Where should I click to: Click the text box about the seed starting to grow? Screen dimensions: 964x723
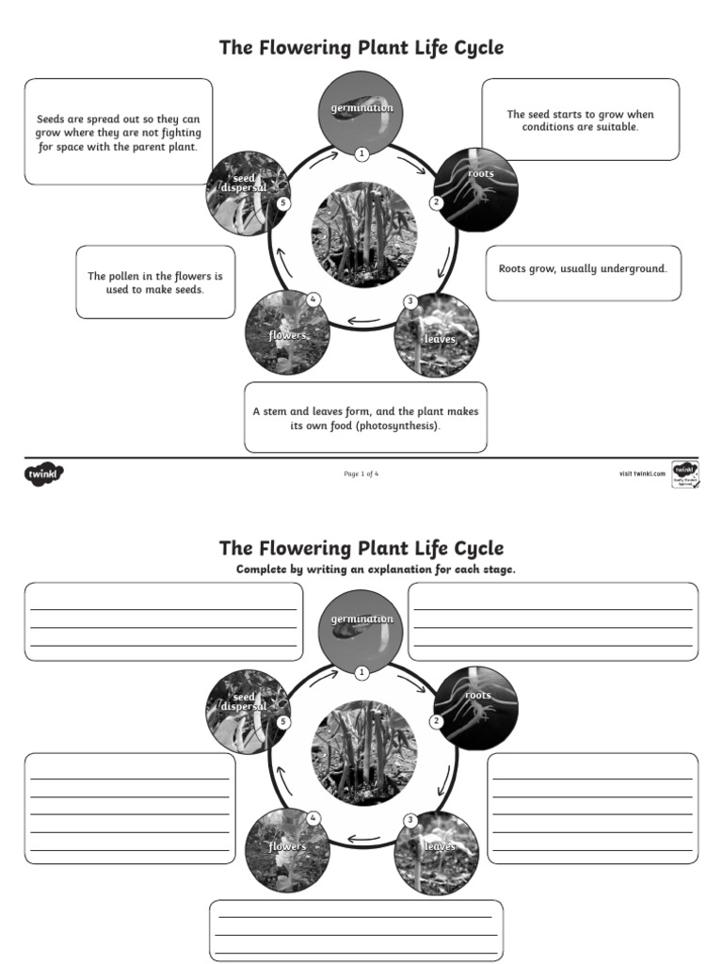pos(580,120)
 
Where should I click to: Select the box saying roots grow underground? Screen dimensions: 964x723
pos(583,273)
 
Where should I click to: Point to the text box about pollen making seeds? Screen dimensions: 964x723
pos(155,283)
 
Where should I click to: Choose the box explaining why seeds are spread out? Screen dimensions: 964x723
pos(118,132)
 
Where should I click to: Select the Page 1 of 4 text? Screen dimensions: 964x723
pos(361,474)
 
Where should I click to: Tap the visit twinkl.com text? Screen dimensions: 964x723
pos(642,474)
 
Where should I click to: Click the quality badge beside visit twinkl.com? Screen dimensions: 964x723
pos(684,474)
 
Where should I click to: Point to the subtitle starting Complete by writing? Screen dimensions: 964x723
pos(376,570)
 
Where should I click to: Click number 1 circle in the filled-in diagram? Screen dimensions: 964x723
pos(361,153)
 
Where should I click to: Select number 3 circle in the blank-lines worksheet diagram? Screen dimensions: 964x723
pos(410,821)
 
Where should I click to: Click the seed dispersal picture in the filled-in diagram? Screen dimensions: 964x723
pos(245,193)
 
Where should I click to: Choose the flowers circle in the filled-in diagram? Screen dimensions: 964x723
pos(286,334)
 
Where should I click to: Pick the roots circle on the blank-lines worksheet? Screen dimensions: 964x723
pos(477,707)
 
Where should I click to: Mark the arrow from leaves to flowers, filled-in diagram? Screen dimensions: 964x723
pos(363,320)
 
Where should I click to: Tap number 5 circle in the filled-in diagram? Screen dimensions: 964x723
pos(283,203)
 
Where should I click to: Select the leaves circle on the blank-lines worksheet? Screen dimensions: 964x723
pos(437,853)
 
